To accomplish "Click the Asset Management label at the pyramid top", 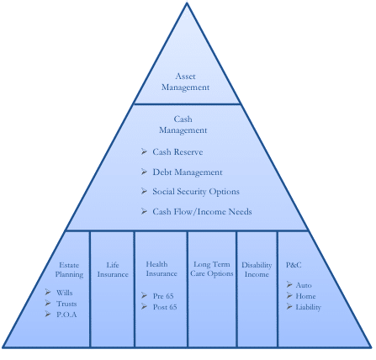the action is click(x=185, y=82).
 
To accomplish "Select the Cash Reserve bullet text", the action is click(x=177, y=151).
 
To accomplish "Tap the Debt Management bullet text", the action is click(x=188, y=172).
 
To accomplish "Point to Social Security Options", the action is click(x=196, y=192).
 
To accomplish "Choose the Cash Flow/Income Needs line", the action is click(x=202, y=211).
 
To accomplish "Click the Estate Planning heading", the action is click(x=69, y=269).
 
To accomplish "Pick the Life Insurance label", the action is click(x=113, y=269).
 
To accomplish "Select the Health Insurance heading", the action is click(x=162, y=268).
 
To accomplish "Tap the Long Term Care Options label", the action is click(x=212, y=268).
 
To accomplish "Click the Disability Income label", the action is click(x=257, y=269).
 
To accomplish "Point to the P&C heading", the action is click(x=294, y=265).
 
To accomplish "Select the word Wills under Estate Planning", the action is click(x=64, y=293).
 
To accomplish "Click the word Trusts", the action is click(x=66, y=304).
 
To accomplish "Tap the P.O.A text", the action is click(x=66, y=315).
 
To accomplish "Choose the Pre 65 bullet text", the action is click(x=163, y=296).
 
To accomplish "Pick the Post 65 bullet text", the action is click(x=165, y=307).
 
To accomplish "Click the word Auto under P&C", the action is click(x=304, y=285).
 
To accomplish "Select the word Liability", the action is click(x=309, y=307).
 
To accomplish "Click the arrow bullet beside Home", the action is click(x=289, y=295).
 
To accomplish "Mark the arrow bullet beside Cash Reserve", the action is click(x=144, y=151).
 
